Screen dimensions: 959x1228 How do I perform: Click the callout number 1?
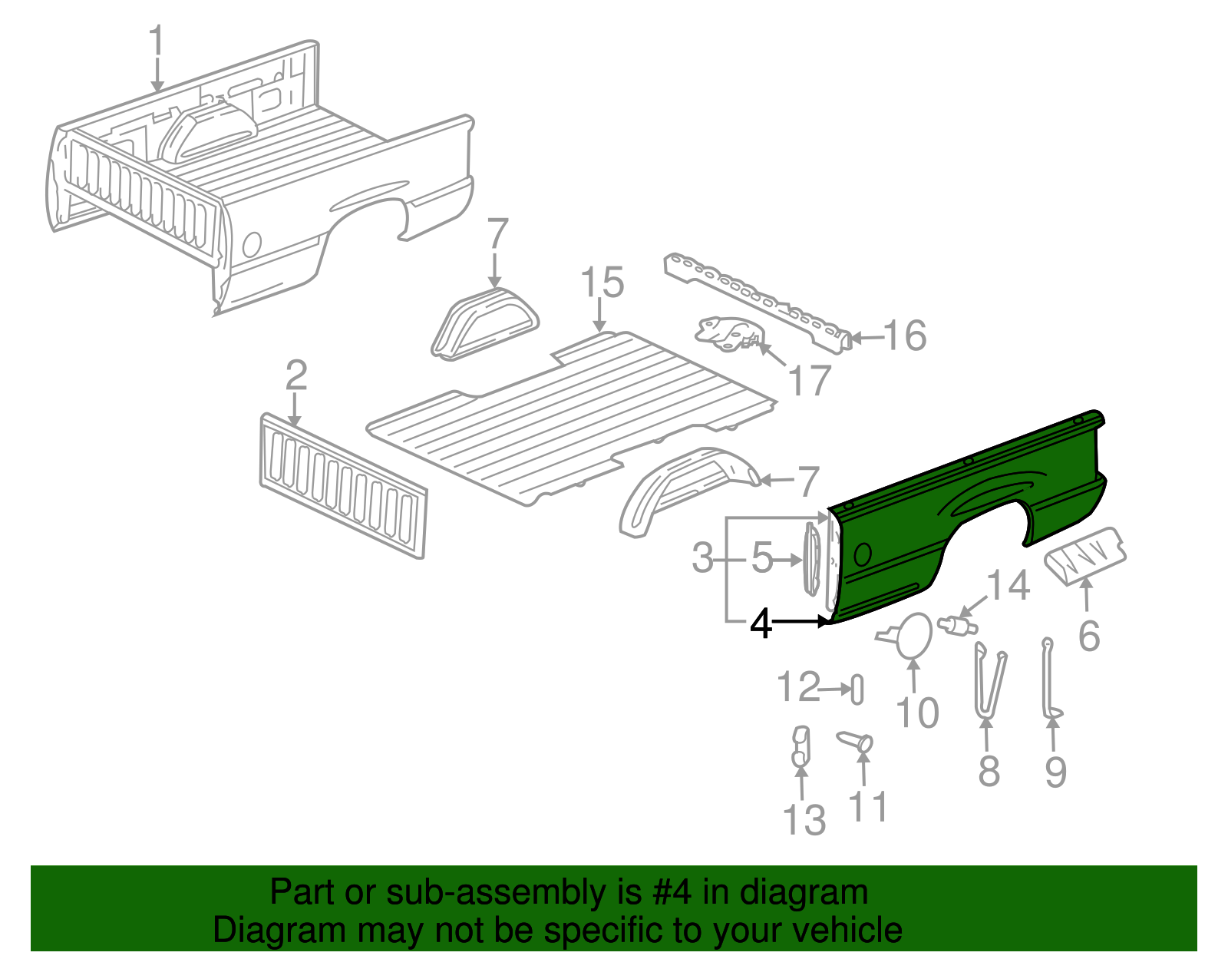(156, 42)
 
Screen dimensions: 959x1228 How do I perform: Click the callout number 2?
(296, 376)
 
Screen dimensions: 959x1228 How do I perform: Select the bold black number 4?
(761, 624)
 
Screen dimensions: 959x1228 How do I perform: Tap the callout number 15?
(602, 283)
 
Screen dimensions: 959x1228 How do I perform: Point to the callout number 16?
(905, 336)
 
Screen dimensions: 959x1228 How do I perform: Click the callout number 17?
(810, 382)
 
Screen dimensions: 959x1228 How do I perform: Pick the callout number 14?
(1007, 586)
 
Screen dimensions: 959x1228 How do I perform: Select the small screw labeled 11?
(857, 742)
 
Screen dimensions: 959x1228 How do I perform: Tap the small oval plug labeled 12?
(857, 689)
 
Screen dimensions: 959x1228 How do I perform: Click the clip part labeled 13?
(800, 747)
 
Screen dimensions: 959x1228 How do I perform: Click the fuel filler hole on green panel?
(862, 554)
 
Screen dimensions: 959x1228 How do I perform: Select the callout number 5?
(761, 557)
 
